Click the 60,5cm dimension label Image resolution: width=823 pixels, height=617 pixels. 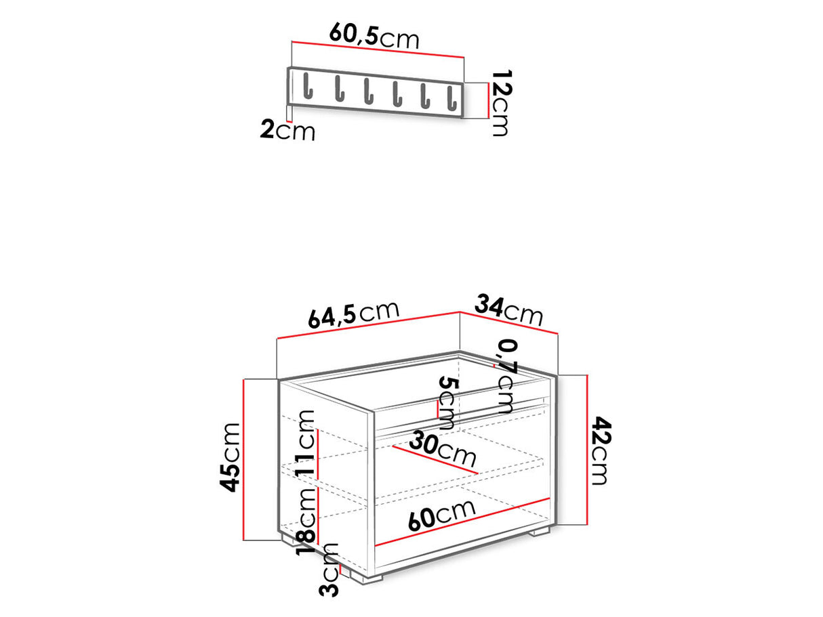(x=374, y=35)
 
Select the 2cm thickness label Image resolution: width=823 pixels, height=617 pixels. (x=287, y=130)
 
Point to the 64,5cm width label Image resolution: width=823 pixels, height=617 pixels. (x=353, y=316)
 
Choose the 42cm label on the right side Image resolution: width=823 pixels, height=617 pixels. (x=600, y=450)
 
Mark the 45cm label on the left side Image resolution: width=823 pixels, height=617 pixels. (x=231, y=456)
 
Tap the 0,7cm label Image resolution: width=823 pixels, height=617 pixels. (x=506, y=376)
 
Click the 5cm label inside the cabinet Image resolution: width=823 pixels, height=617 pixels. (x=447, y=404)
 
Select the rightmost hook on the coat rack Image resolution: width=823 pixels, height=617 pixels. (x=449, y=97)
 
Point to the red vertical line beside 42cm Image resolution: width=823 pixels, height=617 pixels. (x=587, y=450)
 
